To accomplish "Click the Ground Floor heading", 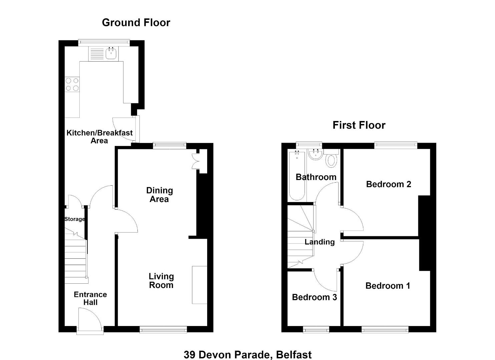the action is click(136, 23).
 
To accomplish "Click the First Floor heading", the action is click(359, 125).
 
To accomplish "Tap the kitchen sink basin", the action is click(111, 53).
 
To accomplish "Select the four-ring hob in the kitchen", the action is click(72, 84).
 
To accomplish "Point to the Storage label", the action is click(74, 219).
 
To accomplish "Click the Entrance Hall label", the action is click(90, 298).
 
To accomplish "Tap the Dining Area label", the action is click(159, 195).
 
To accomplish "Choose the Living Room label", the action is click(161, 280).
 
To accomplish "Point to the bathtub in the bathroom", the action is click(297, 175).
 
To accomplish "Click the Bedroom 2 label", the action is click(389, 184).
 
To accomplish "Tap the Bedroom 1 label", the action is click(388, 286).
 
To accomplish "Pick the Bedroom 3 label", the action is click(315, 297).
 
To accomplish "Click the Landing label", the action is click(320, 242).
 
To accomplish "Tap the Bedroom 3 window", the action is click(316, 330).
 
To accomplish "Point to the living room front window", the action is click(163, 330).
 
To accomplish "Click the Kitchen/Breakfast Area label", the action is click(99, 137).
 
